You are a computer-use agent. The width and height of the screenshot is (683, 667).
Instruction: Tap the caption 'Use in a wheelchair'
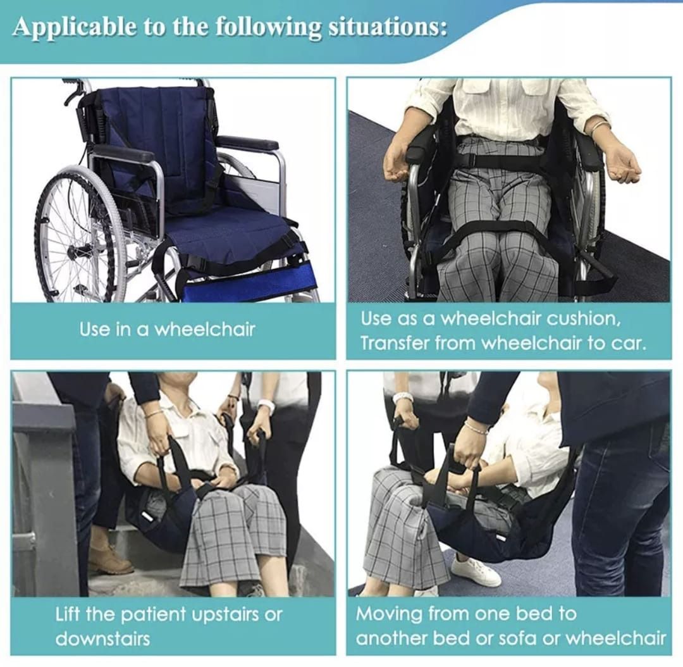[167, 329]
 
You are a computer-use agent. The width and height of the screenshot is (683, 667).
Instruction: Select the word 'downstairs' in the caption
[102, 638]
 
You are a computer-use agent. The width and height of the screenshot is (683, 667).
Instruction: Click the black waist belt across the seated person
[500, 159]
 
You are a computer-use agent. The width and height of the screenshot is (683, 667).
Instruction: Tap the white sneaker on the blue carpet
[476, 572]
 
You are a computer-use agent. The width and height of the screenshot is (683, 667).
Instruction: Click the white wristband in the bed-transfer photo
[402, 398]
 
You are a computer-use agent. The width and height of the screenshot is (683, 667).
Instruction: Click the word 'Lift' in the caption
[68, 614]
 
